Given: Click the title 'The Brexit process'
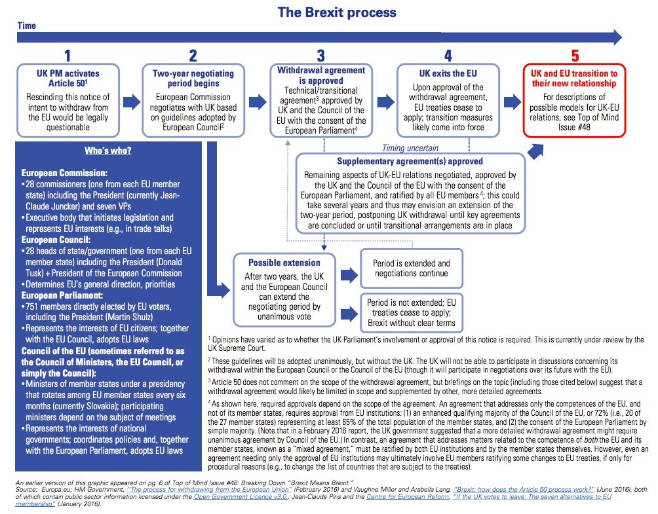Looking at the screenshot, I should [x=337, y=12].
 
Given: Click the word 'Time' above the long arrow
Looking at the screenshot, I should [x=28, y=26].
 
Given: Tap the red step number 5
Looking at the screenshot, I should [x=575, y=56].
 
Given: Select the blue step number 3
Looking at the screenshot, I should [x=320, y=56].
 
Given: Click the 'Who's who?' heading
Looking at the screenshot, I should [x=108, y=151].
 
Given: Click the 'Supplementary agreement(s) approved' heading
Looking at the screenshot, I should [x=410, y=161].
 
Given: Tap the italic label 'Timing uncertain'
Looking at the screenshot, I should [x=410, y=149].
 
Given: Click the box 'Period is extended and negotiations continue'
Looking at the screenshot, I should [x=412, y=268].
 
